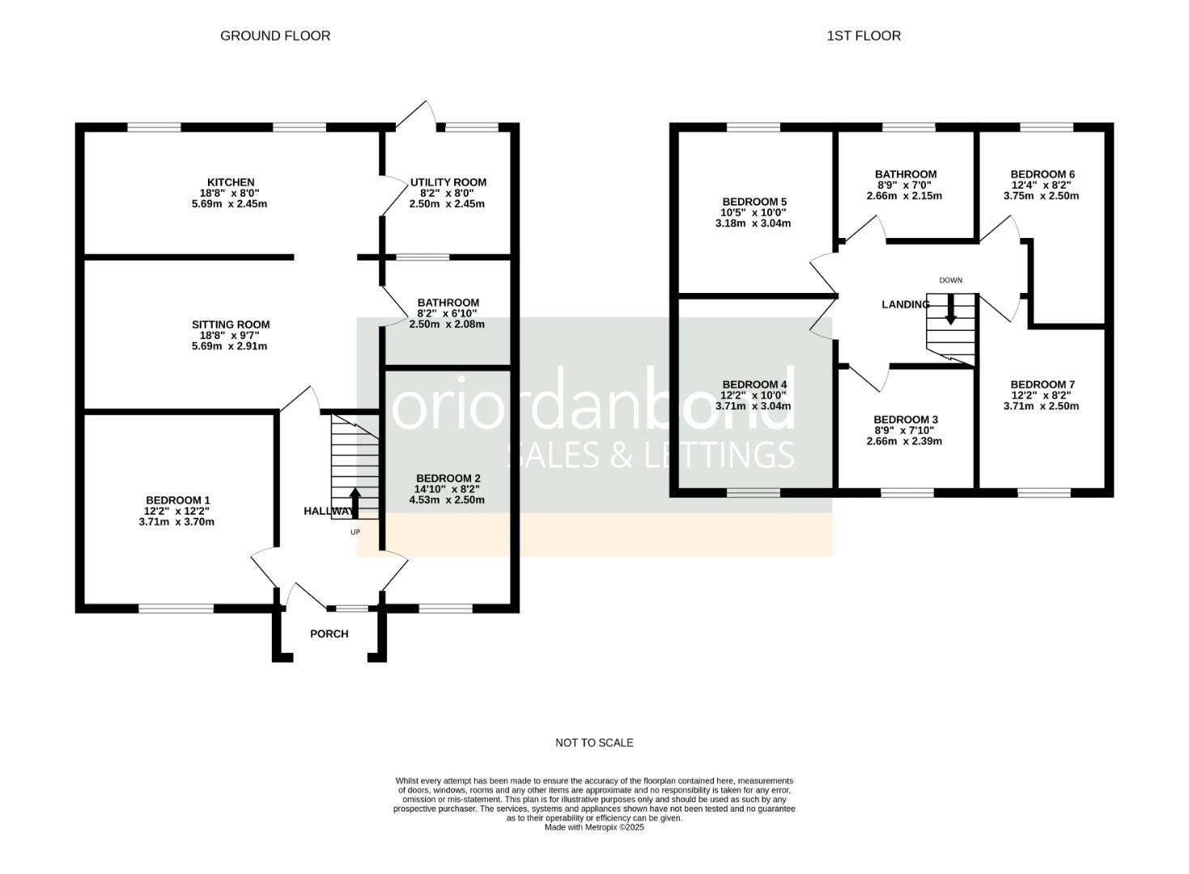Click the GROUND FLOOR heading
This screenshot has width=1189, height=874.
pos(275,36)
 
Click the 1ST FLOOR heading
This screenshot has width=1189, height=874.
pos(864,36)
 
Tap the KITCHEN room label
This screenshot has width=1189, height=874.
pos(231,182)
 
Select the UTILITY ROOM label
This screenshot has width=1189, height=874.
pos(448,182)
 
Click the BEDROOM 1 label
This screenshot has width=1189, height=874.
pos(177,500)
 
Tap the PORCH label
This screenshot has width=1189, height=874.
pos(329,634)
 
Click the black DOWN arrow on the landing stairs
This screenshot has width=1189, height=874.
pos(951,308)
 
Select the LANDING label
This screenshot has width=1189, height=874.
pos(905,304)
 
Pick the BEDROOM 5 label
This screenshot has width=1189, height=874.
pos(754,202)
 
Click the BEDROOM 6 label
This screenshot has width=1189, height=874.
pos(1042,174)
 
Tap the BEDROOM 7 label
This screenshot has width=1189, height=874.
pos(1042,384)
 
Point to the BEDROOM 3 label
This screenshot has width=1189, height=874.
pos(905,419)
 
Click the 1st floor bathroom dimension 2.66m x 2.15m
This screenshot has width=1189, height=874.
pos(905,196)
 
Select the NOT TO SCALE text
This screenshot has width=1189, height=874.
pos(594,742)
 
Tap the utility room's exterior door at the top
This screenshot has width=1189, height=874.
pos(417,115)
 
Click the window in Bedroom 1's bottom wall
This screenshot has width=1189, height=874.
pos(176,608)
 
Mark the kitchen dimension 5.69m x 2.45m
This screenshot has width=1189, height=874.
pos(231,204)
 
